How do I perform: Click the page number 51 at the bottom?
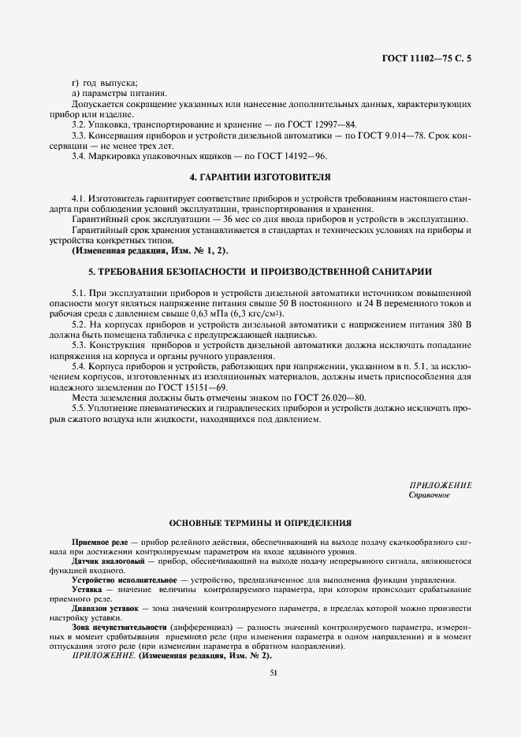274,672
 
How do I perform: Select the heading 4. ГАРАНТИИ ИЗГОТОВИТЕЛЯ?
259,176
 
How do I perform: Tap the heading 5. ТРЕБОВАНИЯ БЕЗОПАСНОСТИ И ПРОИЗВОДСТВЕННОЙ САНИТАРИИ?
259,271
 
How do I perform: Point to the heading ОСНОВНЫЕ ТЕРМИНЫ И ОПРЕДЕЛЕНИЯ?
259,523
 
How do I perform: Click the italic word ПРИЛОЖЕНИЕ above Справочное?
441,485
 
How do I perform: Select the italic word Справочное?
429,495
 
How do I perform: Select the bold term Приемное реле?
99,543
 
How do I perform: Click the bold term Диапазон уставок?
105,609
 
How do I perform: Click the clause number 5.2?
79,324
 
